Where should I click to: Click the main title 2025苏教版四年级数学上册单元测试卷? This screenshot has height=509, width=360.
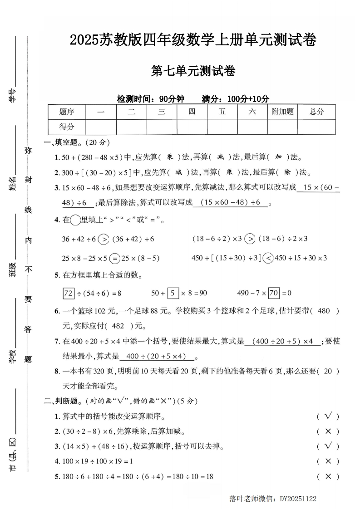click(193, 40)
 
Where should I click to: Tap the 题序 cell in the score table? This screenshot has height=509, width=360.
click(66, 112)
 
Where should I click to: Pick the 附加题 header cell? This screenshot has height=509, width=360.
click(282, 112)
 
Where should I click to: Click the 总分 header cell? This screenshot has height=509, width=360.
click(316, 112)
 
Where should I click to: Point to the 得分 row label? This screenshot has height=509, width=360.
click(66, 127)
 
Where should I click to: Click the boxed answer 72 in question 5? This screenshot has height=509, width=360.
click(68, 293)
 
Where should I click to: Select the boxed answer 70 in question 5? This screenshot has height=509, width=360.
click(273, 293)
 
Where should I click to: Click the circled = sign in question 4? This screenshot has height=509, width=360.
click(115, 258)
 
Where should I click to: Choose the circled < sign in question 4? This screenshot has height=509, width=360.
click(268, 258)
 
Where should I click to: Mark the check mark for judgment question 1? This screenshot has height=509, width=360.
click(329, 416)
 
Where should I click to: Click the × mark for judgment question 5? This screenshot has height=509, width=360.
click(329, 476)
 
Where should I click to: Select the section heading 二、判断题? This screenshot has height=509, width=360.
click(63, 401)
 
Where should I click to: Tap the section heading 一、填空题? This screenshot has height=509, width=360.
click(63, 142)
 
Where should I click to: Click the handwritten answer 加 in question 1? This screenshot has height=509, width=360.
click(278, 157)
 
